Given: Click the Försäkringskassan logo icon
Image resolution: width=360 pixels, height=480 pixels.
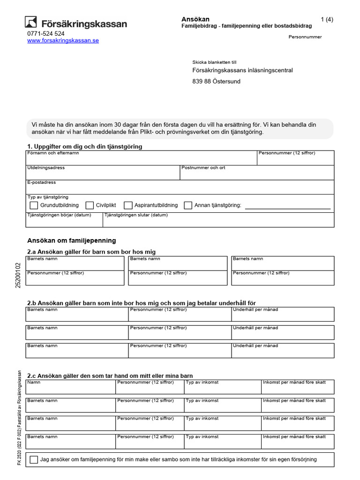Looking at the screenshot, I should [31, 22].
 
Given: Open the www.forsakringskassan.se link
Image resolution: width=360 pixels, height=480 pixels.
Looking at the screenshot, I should [63, 41].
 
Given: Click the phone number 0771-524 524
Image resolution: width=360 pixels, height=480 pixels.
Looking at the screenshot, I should [46, 34].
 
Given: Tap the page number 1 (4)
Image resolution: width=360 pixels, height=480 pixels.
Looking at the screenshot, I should [327, 19].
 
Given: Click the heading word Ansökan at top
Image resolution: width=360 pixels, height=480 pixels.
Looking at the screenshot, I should [195, 19].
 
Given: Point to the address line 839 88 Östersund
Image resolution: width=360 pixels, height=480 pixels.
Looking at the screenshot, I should [216, 81].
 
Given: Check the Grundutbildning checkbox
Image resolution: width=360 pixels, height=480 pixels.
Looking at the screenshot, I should [34, 205].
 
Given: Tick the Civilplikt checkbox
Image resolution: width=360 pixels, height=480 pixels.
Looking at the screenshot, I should [90, 205].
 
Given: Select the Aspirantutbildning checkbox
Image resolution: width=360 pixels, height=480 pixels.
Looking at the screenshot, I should [128, 205].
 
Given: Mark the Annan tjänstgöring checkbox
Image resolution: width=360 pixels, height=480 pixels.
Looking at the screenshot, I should [188, 205].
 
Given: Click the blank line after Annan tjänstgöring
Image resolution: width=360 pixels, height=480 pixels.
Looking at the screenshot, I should [287, 206].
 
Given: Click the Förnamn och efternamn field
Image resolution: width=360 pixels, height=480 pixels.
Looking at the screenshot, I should [141, 160].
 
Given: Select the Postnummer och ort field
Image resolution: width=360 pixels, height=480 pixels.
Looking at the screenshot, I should [257, 174].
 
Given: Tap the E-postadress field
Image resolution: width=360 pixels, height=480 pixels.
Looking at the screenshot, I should [180, 189].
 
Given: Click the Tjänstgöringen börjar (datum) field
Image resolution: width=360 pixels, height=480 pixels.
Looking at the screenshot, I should [64, 221].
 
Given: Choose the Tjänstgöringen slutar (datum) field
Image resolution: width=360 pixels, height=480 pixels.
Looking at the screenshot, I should [218, 221].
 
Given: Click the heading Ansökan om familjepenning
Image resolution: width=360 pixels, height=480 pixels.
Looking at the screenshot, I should [71, 240].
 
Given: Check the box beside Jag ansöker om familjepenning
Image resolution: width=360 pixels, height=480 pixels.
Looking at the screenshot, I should [34, 460].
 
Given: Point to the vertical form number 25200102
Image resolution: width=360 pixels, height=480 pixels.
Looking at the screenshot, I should [18, 275].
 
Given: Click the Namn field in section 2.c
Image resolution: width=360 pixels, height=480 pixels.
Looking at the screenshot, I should [70, 389].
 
